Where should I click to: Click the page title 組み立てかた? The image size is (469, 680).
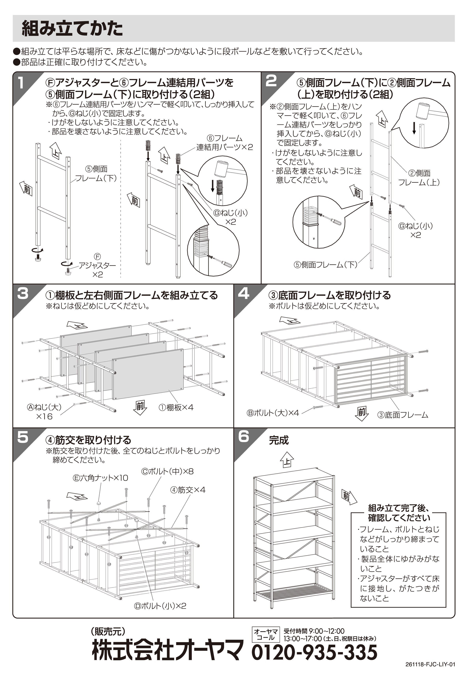(72, 29)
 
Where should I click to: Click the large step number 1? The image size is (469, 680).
(20, 83)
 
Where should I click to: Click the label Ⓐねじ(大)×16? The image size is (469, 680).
(44, 412)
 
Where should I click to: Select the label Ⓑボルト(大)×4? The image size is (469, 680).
(273, 413)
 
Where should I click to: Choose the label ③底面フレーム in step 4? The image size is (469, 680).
(403, 415)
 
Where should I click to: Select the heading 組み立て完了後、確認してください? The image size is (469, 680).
(399, 513)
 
